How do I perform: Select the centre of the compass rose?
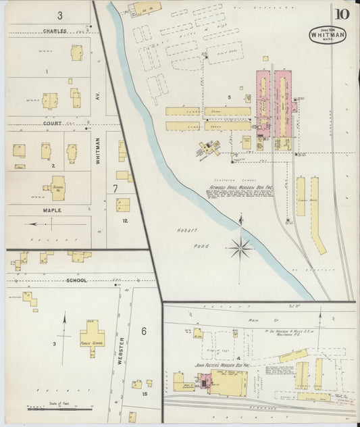pyautogui.click(x=240, y=249)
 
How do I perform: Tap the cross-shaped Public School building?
pyautogui.click(x=92, y=334)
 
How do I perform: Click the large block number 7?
pyautogui.click(x=116, y=189)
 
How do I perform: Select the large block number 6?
pyautogui.click(x=144, y=330)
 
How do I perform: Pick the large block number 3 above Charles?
pyautogui.click(x=59, y=15)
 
